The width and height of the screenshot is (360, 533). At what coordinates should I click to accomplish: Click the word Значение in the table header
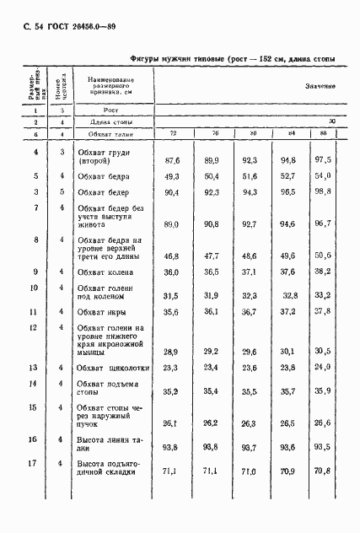click(x=320, y=85)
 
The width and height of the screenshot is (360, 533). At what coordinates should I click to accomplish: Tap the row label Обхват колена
click(x=106, y=272)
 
